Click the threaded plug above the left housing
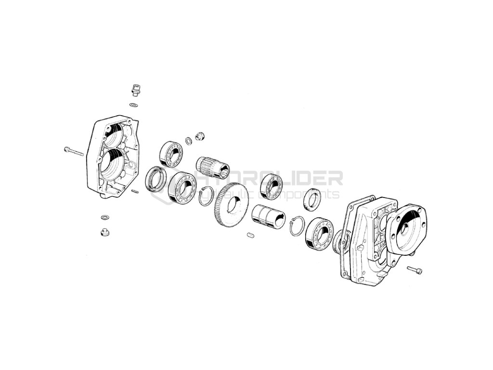(135, 90)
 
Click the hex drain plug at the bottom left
(104, 232)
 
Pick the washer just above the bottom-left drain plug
(105, 217)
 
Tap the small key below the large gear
(249, 235)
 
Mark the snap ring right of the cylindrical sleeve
(297, 225)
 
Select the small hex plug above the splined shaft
(200, 137)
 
